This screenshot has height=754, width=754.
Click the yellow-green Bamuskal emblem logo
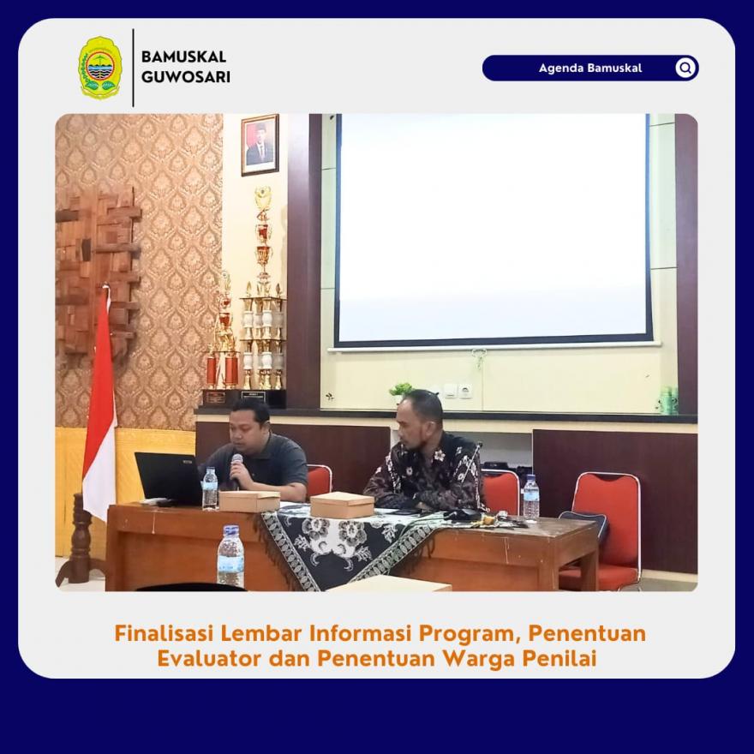click(100, 68)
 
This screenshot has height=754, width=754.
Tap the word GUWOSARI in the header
click(186, 77)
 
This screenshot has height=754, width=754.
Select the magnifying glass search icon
click(685, 68)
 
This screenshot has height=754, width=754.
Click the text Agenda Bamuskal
click(590, 68)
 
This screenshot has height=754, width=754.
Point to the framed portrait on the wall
click(260, 145)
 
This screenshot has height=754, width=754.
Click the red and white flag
click(99, 404)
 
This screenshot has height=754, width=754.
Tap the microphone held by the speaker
click(236, 469)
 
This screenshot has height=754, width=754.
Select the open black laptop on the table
click(168, 478)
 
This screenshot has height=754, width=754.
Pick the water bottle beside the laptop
click(210, 488)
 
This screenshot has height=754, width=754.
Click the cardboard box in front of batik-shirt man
click(342, 505)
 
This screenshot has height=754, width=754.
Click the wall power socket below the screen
click(465, 391)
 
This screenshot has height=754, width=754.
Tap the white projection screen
click(494, 229)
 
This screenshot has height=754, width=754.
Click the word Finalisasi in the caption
click(164, 633)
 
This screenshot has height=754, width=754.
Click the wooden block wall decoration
click(98, 272)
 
